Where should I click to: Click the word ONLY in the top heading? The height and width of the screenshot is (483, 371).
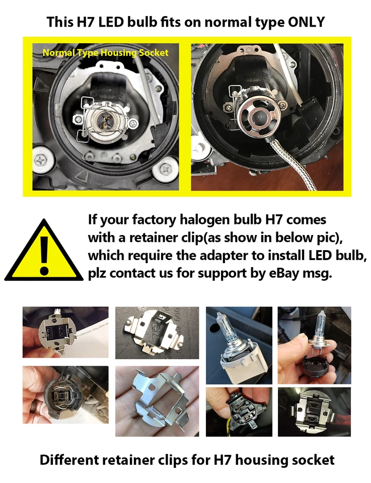[x=305, y=22]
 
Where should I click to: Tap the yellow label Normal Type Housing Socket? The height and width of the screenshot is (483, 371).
[x=105, y=52]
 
